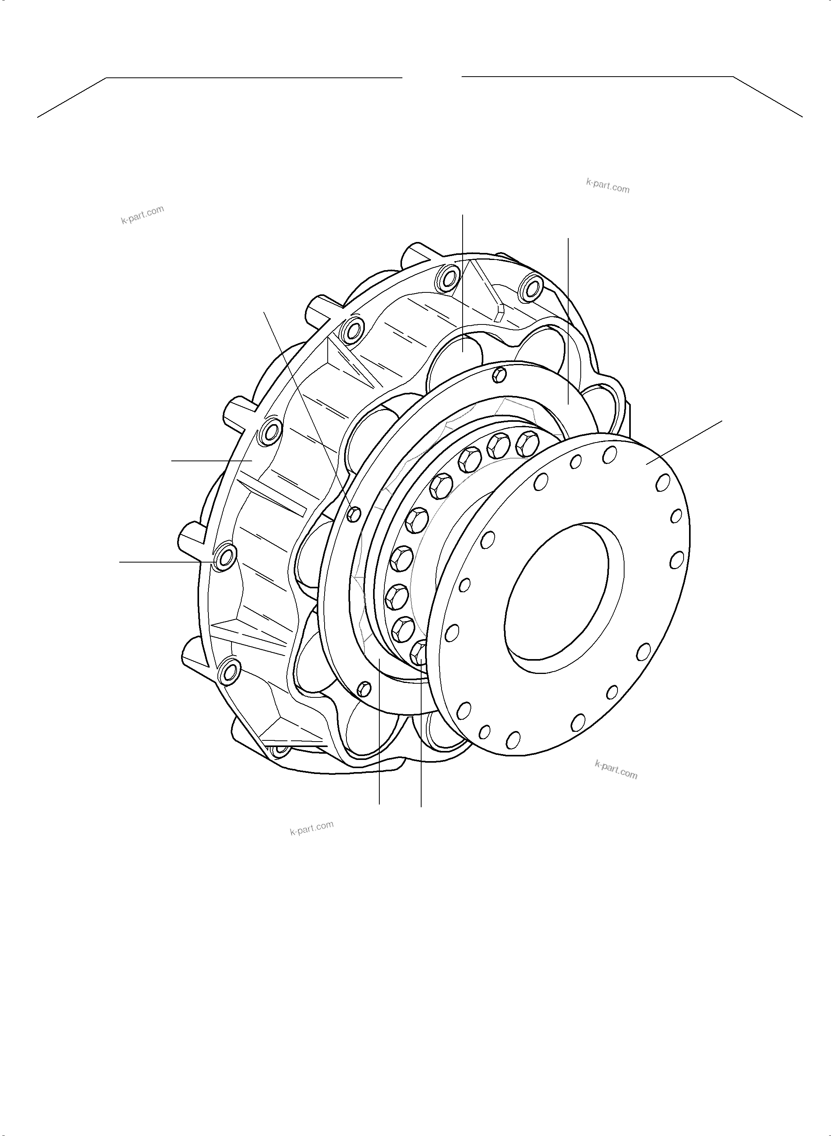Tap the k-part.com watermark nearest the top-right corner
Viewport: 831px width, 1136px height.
tap(608, 186)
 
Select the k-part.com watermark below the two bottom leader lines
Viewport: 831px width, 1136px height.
tap(311, 828)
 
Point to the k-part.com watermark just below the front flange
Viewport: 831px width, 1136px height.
tap(616, 770)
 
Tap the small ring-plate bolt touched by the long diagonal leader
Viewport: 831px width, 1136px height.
tap(354, 513)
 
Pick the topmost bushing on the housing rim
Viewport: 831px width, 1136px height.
tap(446, 277)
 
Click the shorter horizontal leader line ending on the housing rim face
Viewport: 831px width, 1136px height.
tap(211, 460)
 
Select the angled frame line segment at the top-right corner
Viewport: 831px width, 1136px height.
tap(768, 97)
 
